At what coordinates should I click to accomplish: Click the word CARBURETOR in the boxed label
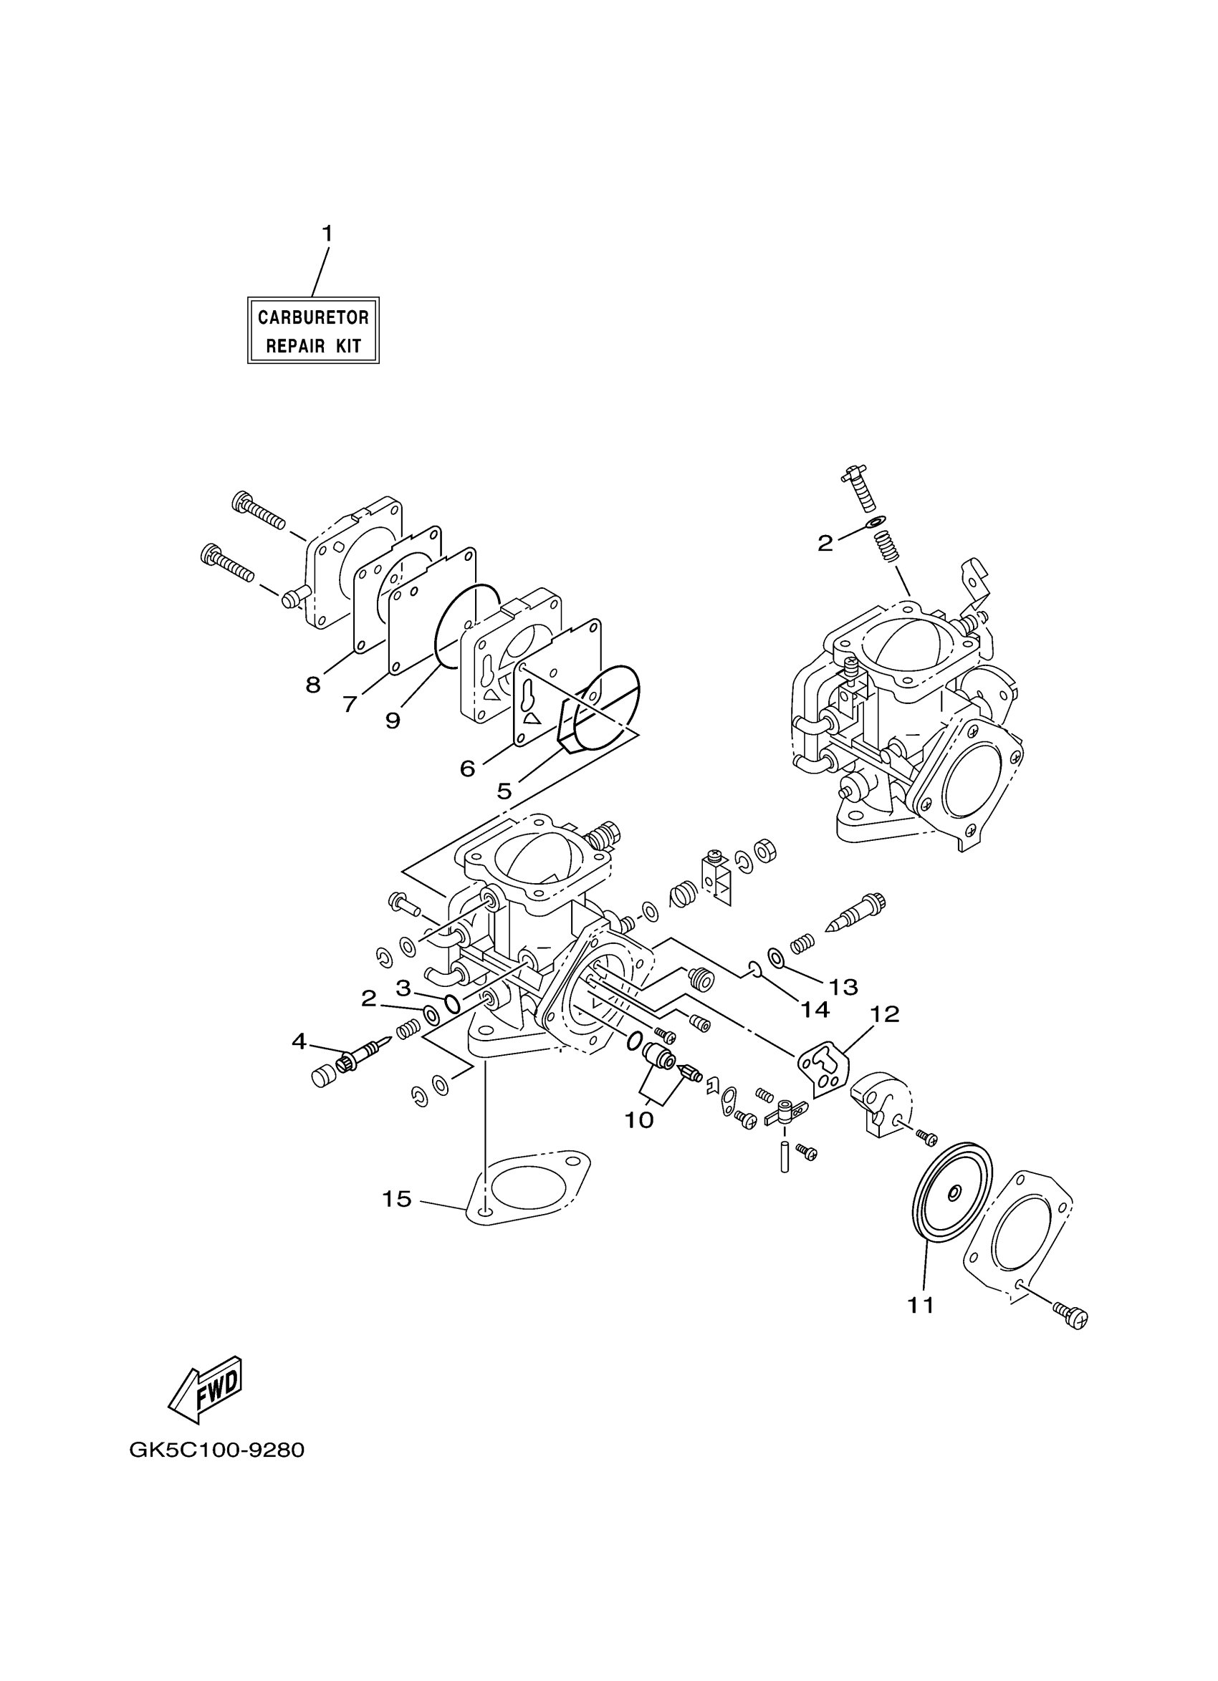click(x=313, y=317)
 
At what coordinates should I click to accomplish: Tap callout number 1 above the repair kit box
click(x=326, y=233)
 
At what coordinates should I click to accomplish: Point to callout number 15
click(x=397, y=1198)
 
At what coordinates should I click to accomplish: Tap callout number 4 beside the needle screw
click(x=299, y=1041)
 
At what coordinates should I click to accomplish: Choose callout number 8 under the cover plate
click(x=313, y=684)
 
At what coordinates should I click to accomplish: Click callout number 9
click(x=392, y=720)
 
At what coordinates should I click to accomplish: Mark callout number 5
click(x=504, y=791)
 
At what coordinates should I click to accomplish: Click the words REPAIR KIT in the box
click(x=313, y=345)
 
